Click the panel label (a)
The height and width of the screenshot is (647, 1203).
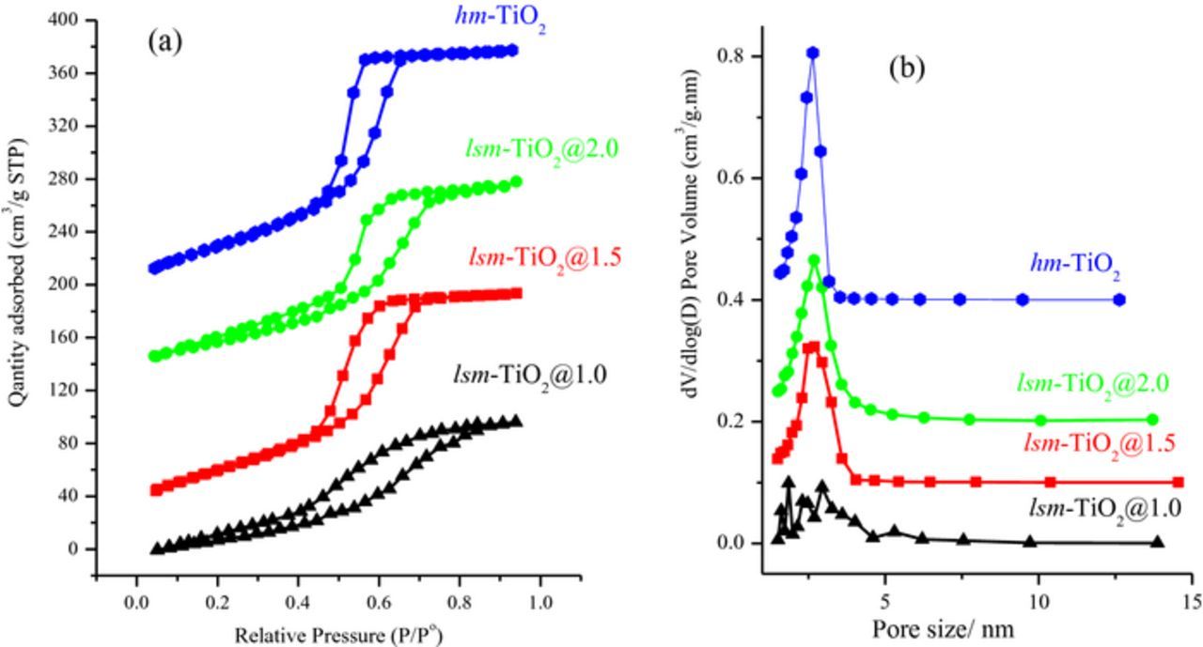click(x=164, y=41)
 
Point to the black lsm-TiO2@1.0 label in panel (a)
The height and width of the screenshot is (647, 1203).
click(x=527, y=376)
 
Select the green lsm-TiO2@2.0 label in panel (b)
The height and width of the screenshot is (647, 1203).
click(x=1092, y=382)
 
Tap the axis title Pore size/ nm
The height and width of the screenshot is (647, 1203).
click(x=943, y=626)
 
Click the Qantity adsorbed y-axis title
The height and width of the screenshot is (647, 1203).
click(x=16, y=272)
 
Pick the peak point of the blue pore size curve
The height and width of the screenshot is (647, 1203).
click(x=813, y=54)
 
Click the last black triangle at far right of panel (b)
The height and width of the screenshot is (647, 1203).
click(x=1157, y=542)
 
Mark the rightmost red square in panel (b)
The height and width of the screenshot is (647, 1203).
click(x=1179, y=482)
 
